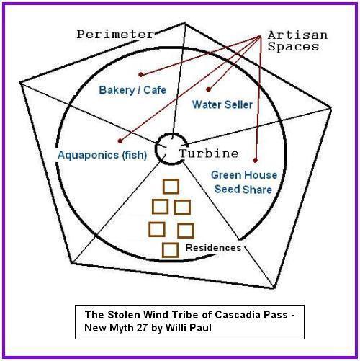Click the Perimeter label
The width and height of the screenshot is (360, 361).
115,35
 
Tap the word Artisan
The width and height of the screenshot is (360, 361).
297,35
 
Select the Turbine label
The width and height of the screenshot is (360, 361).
209,153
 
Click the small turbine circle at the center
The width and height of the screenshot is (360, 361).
156,149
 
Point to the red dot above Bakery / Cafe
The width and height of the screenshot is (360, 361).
141,75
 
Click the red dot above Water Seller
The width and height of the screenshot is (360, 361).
208,89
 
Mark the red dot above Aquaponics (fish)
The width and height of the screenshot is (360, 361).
120,141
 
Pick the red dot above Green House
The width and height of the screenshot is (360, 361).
255,160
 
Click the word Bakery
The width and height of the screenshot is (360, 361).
117,90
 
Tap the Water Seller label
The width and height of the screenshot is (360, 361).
222,104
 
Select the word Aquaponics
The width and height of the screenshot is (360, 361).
89,155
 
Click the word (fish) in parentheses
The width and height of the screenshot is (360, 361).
135,155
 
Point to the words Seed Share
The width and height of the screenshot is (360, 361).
243,190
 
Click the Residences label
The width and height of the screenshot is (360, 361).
213,248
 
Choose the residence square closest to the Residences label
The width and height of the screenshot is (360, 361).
170,250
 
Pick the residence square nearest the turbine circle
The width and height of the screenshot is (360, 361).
171,187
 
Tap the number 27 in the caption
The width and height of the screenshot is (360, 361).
142,328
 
